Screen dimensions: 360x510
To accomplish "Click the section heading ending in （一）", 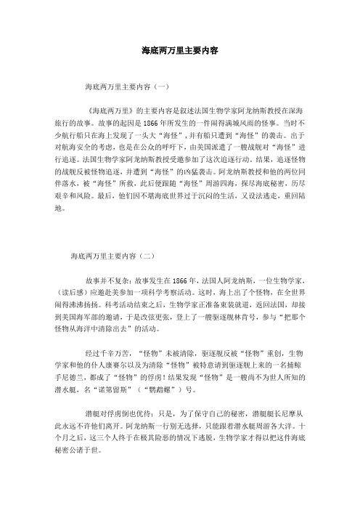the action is coord(127,85).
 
